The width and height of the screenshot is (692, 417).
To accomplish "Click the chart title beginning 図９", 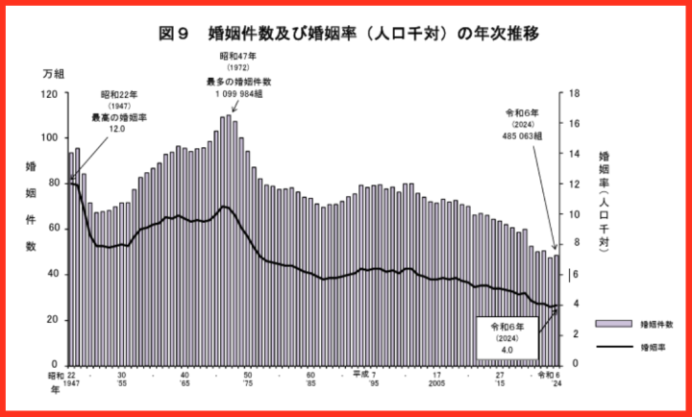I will click(347, 34).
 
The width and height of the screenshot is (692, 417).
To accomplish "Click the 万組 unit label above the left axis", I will click(54, 74).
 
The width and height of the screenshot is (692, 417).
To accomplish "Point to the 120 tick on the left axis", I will click(50, 93).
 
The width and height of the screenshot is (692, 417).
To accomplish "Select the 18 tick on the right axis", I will click(575, 93).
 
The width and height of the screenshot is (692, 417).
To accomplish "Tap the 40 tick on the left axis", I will click(53, 274).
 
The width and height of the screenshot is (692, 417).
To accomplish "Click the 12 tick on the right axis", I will click(575, 184).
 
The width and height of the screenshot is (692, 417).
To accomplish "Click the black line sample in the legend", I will click(613, 346).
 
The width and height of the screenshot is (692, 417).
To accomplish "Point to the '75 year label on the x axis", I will click(247, 383).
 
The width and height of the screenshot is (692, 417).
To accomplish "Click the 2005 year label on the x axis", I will click(436, 383).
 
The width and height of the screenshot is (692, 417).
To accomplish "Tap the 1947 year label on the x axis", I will click(72, 383).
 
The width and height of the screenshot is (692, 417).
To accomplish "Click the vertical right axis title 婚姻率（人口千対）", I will click(604, 202).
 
